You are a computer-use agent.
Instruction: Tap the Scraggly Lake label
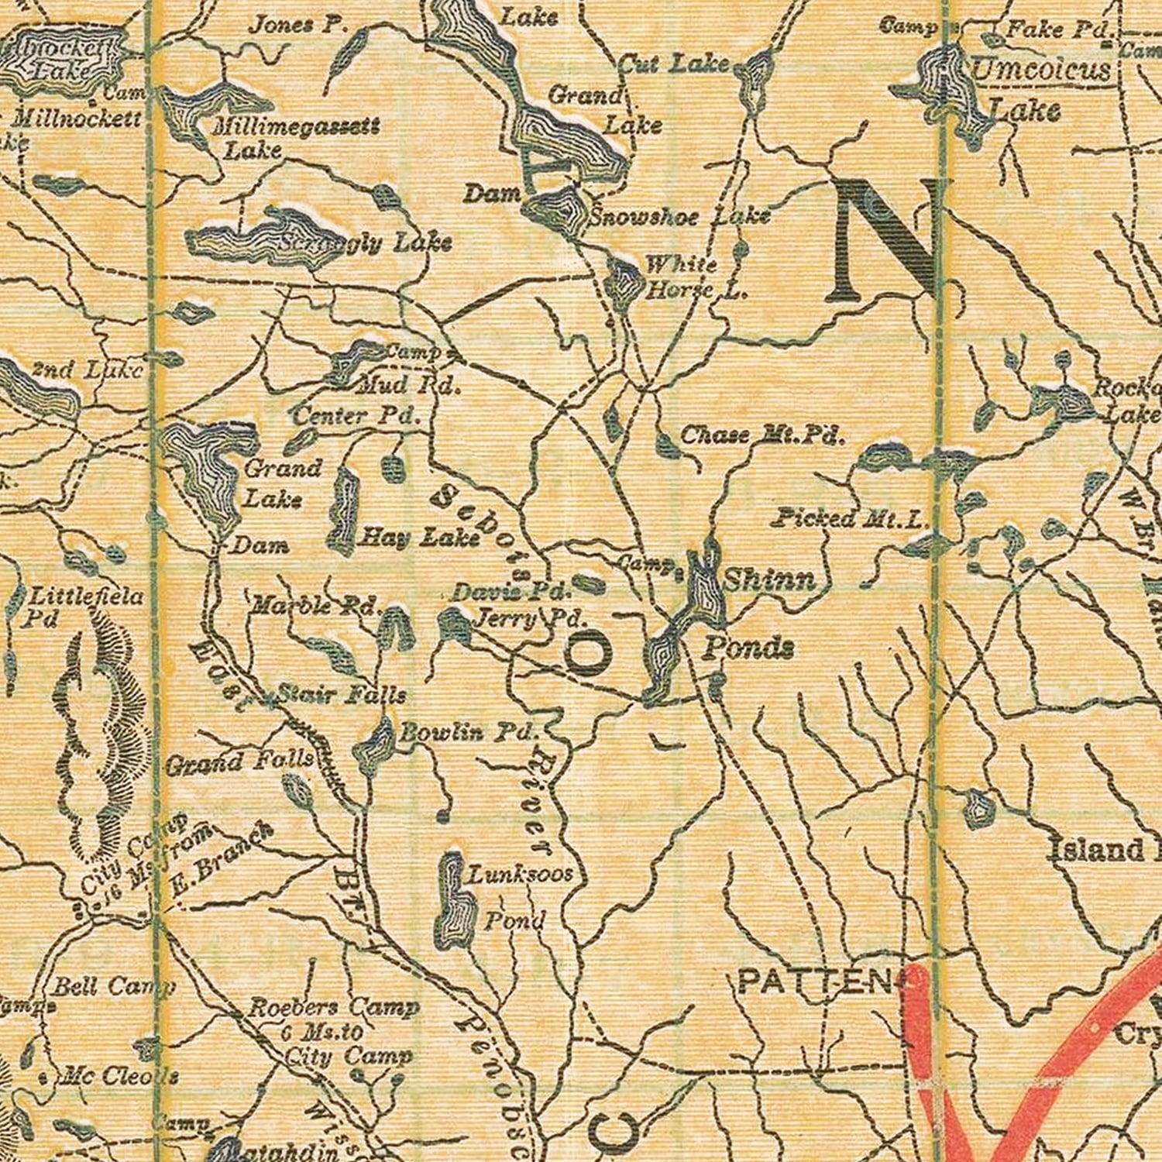[364, 243]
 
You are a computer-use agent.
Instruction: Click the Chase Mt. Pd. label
[761, 435]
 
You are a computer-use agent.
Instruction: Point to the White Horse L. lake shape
[623, 284]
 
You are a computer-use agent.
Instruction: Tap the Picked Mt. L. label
[848, 518]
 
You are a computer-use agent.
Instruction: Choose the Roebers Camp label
[333, 1008]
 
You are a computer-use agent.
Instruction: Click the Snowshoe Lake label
[679, 216]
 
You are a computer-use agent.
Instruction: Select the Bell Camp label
[113, 986]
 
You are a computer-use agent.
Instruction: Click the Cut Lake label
[674, 64]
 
